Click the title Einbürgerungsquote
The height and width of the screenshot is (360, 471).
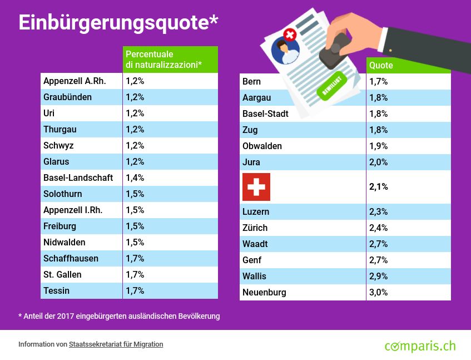[x=118, y=22]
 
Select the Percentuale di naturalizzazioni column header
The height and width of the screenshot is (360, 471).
[x=163, y=60]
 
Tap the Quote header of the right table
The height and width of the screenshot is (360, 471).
[x=381, y=65]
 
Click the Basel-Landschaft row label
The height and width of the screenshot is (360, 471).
[x=78, y=177]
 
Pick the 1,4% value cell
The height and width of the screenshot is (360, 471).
[x=135, y=177]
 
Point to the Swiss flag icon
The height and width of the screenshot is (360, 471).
[x=256, y=186]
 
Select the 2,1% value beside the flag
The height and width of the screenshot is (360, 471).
[x=379, y=186]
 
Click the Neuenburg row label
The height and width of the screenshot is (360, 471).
[x=264, y=292]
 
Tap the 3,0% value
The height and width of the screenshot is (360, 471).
[x=379, y=292]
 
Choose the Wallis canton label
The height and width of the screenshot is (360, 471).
[x=255, y=276]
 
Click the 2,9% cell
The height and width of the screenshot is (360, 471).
[x=379, y=276]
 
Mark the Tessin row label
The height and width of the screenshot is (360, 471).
[x=57, y=290]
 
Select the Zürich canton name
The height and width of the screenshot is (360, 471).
[x=255, y=228]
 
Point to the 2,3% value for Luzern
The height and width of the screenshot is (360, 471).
[x=379, y=211]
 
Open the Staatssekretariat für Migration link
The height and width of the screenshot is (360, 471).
[x=116, y=344]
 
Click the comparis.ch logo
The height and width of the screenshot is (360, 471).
[x=420, y=346]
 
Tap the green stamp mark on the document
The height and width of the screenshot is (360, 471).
[x=332, y=86]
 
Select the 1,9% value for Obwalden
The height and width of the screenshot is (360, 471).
[x=379, y=146]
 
